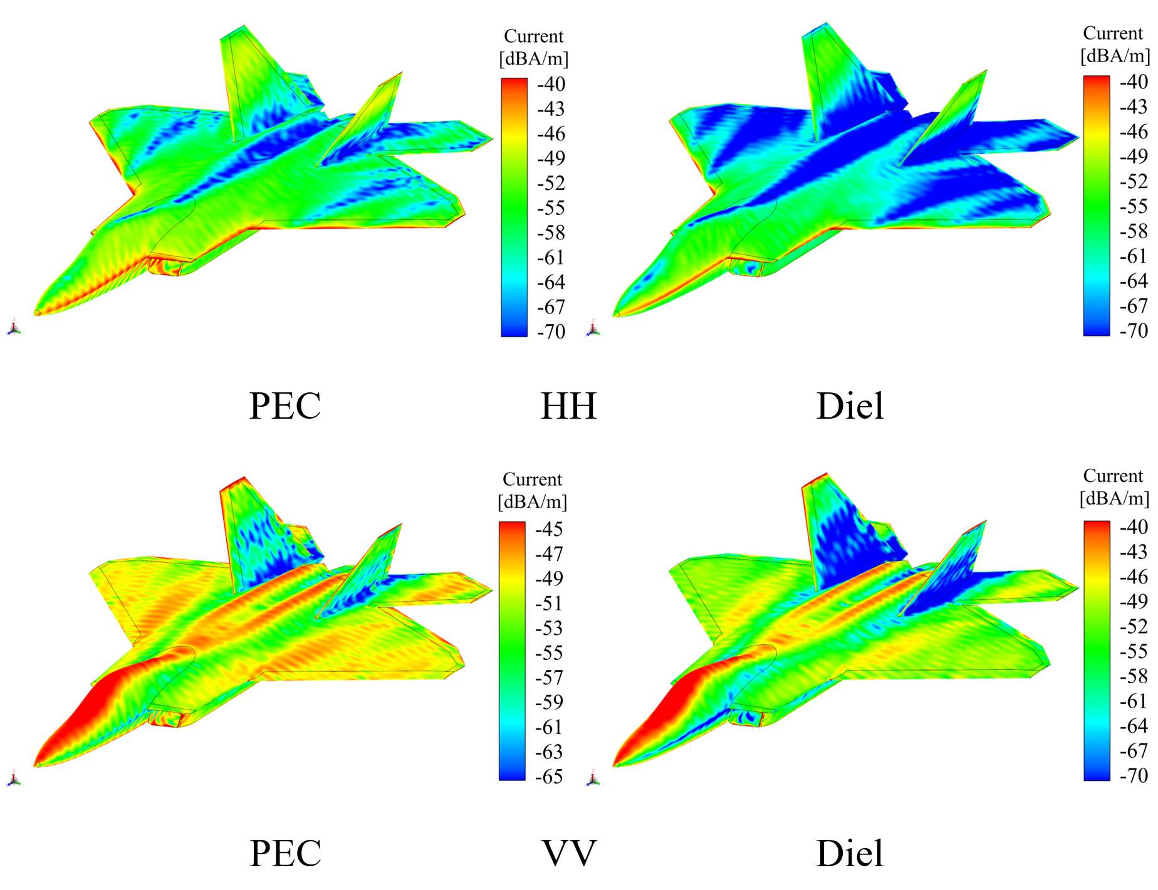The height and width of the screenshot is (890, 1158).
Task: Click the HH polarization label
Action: pos(568,406)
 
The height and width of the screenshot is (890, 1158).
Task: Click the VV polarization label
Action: pos(568,853)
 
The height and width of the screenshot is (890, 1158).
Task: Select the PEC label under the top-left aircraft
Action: pos(285,406)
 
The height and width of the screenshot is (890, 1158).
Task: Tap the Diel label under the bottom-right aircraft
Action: pos(850,853)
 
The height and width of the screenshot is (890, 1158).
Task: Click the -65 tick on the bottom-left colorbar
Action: pos(549,777)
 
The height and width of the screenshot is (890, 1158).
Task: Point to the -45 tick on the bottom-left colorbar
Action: pos(549,529)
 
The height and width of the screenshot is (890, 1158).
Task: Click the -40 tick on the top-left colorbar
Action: pos(551,84)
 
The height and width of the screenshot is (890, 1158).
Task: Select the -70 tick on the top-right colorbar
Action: pos(1134,330)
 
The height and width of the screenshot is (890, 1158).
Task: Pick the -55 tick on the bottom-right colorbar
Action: pos(1134,651)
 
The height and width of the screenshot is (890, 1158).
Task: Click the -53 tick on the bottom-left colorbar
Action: pos(549,628)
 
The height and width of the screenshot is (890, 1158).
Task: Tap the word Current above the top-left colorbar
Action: pos(533,36)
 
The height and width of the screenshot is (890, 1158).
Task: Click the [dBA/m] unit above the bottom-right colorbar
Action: pos(1114,499)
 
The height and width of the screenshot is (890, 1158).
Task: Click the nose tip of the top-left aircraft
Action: pos(36,313)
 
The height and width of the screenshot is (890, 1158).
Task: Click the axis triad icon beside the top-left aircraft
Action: pos(14,328)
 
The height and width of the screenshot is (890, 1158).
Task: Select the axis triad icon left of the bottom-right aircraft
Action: pos(593,779)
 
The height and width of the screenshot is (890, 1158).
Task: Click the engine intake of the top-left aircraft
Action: pos(165,266)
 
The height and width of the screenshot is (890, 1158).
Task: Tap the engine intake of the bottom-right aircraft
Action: pos(746,716)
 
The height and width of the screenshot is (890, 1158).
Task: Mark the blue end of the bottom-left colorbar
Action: pos(512,775)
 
